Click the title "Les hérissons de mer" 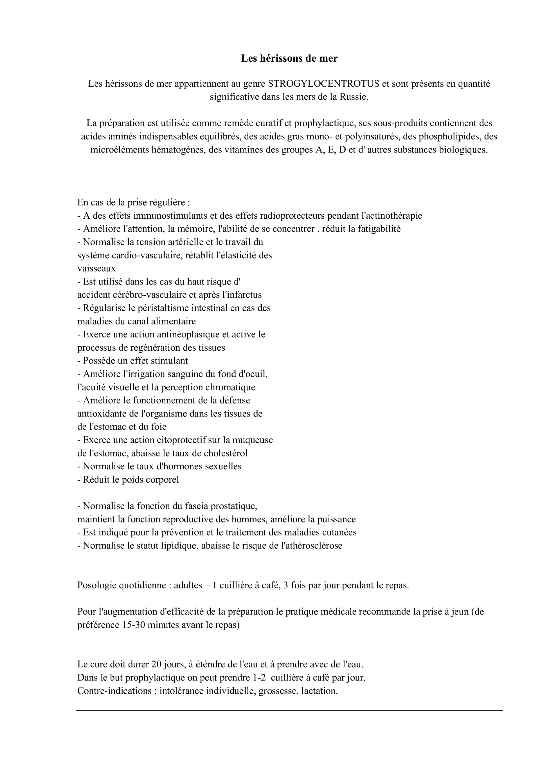289,59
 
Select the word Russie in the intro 356,97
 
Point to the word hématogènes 179,150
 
